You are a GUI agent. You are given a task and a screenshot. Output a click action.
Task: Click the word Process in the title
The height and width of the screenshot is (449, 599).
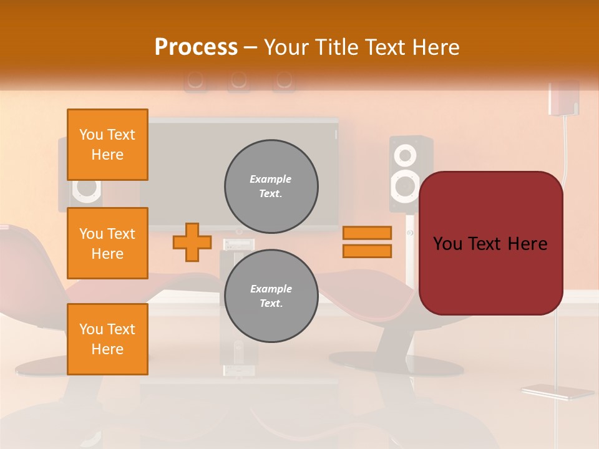point(195,47)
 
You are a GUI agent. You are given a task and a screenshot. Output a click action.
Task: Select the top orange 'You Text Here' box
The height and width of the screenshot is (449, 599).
point(107,145)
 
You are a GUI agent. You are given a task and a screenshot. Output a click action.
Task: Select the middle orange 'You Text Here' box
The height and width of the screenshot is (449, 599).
point(107,243)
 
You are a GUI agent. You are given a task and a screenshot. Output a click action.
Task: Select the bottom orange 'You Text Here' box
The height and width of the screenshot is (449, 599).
point(107,339)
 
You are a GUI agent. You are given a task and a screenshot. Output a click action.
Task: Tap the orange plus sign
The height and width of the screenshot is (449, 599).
point(192,242)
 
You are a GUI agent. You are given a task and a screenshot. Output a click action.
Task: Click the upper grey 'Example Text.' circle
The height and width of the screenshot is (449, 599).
point(271,186)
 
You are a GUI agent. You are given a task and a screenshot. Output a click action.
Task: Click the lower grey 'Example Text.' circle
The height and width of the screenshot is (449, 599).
point(271,296)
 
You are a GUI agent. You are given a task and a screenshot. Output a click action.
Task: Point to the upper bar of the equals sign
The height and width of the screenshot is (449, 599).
point(367,233)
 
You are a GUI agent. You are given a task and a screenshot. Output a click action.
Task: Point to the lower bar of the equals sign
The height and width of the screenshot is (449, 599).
point(367,251)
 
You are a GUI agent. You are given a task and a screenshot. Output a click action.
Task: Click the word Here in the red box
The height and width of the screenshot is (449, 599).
point(527,244)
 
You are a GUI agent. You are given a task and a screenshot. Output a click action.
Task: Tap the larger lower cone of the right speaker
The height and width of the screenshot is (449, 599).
point(405,186)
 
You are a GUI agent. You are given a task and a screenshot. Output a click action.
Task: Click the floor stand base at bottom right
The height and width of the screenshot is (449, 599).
point(557,392)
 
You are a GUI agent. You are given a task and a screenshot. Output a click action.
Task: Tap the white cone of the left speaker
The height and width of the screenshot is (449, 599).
point(86,189)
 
